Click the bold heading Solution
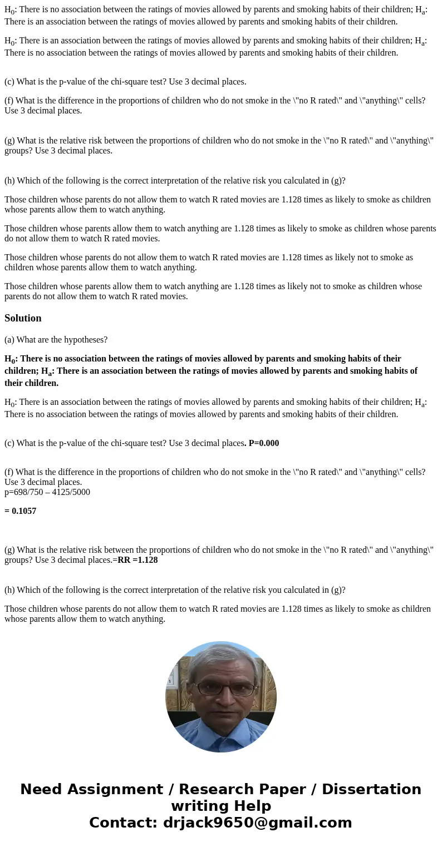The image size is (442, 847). click(x=23, y=318)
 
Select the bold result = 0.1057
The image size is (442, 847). click(x=21, y=511)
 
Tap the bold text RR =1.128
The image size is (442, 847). click(x=137, y=560)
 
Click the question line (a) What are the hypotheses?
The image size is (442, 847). click(x=56, y=339)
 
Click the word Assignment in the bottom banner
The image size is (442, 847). click(x=117, y=790)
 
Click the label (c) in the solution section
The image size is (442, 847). click(x=9, y=443)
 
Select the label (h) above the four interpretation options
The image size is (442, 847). click(x=9, y=181)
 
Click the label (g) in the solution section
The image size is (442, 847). click(x=9, y=550)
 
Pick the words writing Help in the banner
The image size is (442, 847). click(x=221, y=806)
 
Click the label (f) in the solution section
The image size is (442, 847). click(x=9, y=472)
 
